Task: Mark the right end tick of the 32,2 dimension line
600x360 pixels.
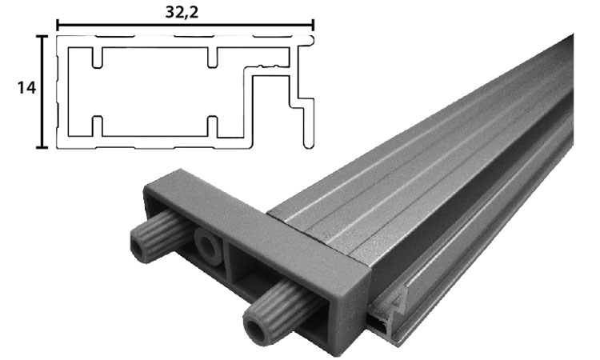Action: click(313, 26)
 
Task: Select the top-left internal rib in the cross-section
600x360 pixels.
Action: click(97, 57)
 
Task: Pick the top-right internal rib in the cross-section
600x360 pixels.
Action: click(212, 57)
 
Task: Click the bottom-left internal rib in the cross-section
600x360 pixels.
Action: click(97, 126)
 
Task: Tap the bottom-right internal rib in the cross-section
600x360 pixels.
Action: click(212, 126)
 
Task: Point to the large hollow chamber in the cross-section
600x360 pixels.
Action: click(152, 91)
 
